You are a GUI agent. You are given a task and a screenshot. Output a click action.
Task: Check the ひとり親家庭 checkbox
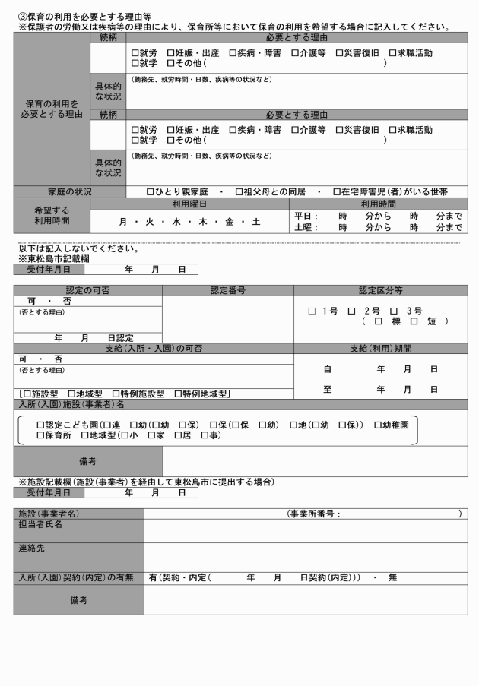150,192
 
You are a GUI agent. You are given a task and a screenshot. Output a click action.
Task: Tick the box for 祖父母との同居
239,192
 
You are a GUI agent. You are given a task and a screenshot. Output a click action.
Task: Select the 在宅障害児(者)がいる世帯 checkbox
337,192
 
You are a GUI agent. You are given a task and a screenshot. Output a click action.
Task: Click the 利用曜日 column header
189,204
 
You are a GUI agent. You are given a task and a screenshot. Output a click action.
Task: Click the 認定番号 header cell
227,290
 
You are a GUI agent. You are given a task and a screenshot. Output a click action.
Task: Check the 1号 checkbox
311,311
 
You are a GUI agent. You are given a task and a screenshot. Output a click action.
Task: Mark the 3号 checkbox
394,311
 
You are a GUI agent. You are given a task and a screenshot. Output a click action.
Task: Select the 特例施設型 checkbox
125,394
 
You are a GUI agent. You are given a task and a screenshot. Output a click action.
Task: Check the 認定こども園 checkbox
40,424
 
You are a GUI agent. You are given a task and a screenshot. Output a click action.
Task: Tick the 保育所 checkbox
40,435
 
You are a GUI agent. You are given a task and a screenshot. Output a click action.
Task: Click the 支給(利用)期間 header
380,348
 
